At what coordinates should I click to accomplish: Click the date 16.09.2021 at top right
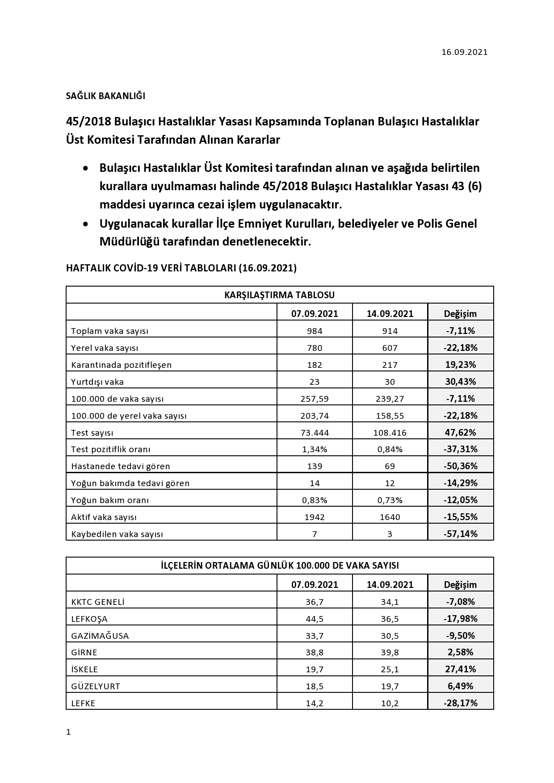[464, 52]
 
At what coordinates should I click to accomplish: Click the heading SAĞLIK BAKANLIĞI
[105, 96]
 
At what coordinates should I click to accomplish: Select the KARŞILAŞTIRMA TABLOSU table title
[280, 295]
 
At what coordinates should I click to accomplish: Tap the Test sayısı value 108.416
[390, 433]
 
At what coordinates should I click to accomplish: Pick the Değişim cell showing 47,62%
[460, 432]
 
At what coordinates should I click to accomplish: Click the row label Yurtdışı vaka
[97, 382]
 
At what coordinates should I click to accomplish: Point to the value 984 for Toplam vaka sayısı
[315, 331]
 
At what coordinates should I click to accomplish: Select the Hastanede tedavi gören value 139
[315, 466]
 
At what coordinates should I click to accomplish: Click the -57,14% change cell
[460, 533]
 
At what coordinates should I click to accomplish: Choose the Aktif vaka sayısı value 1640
[390, 517]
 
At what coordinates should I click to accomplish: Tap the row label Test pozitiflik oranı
[111, 449]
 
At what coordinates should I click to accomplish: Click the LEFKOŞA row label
[89, 619]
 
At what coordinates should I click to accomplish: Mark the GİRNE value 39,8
[390, 652]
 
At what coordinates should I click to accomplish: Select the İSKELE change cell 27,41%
[460, 669]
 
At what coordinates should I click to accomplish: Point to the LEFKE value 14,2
[315, 703]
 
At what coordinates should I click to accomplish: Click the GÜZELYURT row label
[96, 686]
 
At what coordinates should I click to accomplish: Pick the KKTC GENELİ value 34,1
[390, 602]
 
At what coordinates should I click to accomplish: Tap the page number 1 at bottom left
[68, 732]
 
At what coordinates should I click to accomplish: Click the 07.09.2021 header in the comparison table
[315, 313]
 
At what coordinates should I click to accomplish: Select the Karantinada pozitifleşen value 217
[390, 365]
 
